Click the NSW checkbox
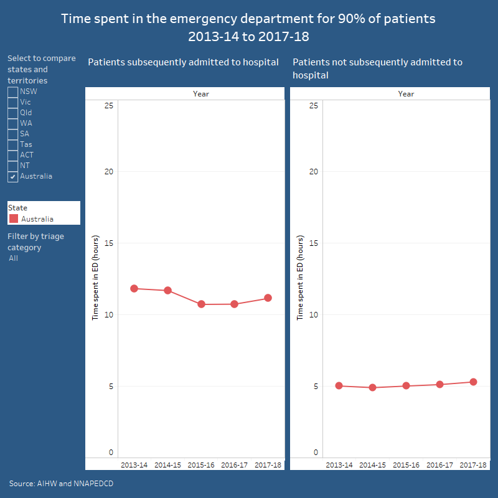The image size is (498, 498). pos(13,92)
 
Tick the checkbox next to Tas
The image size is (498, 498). pos(13,144)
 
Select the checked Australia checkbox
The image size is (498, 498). pos(13,176)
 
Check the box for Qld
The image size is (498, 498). pos(13,113)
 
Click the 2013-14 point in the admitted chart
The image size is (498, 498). pos(134,288)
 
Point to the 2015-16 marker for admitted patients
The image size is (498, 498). pos(201,304)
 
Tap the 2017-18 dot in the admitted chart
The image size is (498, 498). pos(268,298)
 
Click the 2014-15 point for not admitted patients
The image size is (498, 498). pos(372,387)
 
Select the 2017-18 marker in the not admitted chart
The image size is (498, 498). pos(473,382)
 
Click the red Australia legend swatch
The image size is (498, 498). pos(14,218)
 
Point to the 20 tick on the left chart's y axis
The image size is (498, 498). pos(108,171)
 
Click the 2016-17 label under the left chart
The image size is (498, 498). pos(234,465)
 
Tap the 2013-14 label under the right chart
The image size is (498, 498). pos(339,465)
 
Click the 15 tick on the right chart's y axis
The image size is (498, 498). pos(314,243)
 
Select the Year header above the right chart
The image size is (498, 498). pos(406,94)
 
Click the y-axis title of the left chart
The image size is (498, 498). pos(96,278)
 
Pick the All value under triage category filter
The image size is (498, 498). pos(14,258)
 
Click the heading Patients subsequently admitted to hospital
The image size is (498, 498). pos(183,62)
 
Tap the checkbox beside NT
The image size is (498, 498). pos(13,166)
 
